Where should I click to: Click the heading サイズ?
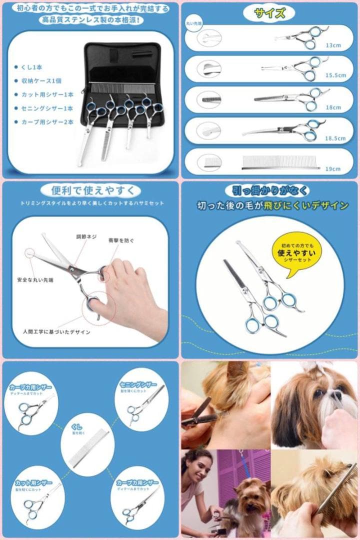pyautogui.click(x=270, y=13)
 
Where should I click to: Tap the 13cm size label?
pyautogui.click(x=333, y=45)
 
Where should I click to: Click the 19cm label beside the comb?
pyautogui.click(x=333, y=169)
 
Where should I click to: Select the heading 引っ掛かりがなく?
pyautogui.click(x=270, y=191)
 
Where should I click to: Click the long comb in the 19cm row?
pyautogui.click(x=280, y=163)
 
